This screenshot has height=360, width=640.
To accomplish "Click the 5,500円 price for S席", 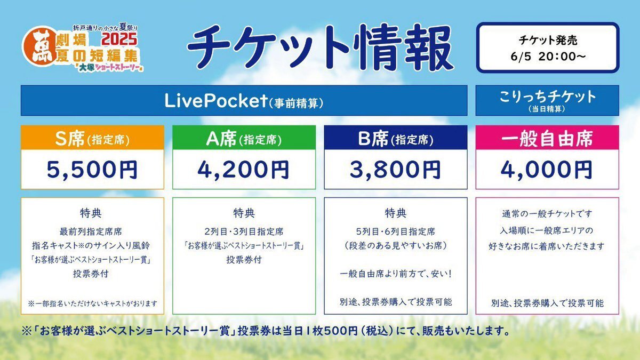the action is pyautogui.click(x=92, y=170).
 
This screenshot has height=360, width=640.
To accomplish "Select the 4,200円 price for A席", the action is pyautogui.click(x=243, y=170).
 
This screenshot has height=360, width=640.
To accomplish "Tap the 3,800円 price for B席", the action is pyautogui.click(x=395, y=170).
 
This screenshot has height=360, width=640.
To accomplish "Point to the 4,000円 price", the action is pyautogui.click(x=547, y=170).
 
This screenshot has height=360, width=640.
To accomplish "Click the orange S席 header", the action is pyautogui.click(x=92, y=138).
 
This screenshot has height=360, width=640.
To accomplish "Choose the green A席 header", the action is pyautogui.click(x=244, y=138).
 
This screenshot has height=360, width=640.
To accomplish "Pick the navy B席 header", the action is pyautogui.click(x=396, y=138).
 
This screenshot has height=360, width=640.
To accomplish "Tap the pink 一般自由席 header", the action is pyautogui.click(x=547, y=138).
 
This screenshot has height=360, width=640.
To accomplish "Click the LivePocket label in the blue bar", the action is pyautogui.click(x=216, y=101).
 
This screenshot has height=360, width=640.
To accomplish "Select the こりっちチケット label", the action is pyautogui.click(x=547, y=97).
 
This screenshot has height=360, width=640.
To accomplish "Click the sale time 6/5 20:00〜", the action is pyautogui.click(x=548, y=57).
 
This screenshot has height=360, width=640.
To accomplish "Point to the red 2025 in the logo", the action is pyautogui.click(x=119, y=39).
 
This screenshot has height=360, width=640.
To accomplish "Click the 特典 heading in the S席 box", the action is pyautogui.click(x=91, y=213).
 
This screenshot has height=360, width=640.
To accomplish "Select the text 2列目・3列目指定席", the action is pyautogui.click(x=244, y=231).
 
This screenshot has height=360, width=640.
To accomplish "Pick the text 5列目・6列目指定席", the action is pyautogui.click(x=396, y=231).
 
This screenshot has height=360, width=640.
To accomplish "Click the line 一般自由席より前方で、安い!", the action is pyautogui.click(x=396, y=274).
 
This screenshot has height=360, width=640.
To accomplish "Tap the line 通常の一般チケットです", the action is pyautogui.click(x=547, y=214).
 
